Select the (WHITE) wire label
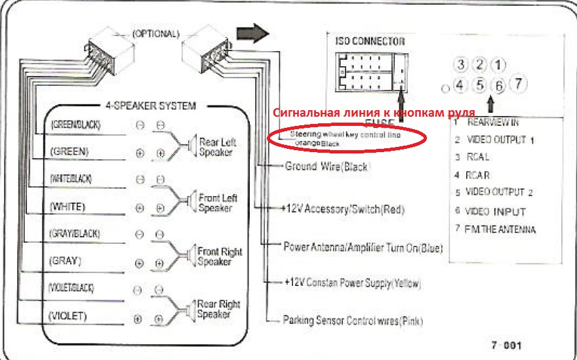coord(68,207)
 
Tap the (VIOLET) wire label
coord(68,316)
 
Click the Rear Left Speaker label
coord(216,147)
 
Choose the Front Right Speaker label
coord(219,256)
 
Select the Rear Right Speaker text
coord(218,309)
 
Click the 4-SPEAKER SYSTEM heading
coord(150,105)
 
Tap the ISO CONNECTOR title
coord(370,41)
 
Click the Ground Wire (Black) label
coord(327,167)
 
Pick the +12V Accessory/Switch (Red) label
coord(344,209)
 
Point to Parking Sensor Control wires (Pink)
coord(353,321)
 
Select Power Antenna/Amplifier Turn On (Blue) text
coord(363,249)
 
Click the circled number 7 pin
coord(518,83)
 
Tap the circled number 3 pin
coord(462,64)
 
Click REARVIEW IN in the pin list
coord(492,121)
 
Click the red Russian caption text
coord(370,111)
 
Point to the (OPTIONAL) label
coord(155,33)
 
